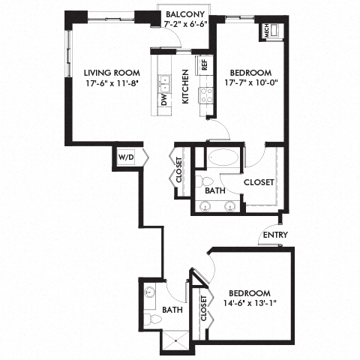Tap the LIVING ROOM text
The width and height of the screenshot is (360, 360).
tap(106, 72)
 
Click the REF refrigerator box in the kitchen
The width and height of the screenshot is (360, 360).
tap(202, 64)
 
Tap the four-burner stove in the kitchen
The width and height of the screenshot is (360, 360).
tap(204, 95)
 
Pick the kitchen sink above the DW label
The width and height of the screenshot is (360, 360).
tap(163, 78)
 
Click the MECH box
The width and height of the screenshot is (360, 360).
tap(266, 31)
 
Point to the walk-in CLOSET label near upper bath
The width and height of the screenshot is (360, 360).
tap(257, 181)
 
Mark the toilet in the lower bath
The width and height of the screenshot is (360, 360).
tap(154, 319)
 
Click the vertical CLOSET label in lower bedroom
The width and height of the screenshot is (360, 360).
tap(202, 307)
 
